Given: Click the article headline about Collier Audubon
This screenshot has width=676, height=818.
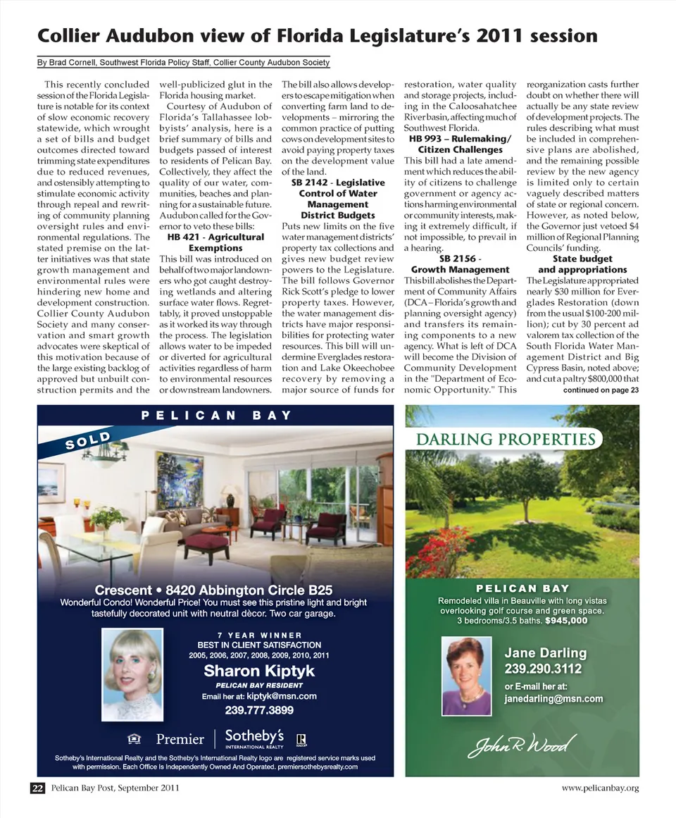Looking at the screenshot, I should (317, 35).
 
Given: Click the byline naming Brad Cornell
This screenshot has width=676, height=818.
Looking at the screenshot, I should (183, 63).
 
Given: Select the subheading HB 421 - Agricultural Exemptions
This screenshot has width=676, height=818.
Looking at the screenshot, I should (215, 243).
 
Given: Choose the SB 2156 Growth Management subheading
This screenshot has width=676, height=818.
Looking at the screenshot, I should (460, 264).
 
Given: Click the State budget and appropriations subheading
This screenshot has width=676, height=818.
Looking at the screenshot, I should (582, 264).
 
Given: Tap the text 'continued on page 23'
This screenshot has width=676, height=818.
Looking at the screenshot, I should (601, 390).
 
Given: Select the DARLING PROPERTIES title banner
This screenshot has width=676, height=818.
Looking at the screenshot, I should (506, 440).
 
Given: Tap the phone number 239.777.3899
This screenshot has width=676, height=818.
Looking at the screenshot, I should (259, 709).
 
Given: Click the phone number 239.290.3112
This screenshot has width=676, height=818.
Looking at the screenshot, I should (543, 669).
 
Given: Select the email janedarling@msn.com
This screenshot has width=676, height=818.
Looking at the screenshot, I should (553, 699).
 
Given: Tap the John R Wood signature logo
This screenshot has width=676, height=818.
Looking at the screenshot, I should (522, 745).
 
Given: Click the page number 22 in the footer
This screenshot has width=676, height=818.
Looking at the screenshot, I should (37, 788).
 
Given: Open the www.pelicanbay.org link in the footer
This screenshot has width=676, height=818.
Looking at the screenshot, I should (600, 788).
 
